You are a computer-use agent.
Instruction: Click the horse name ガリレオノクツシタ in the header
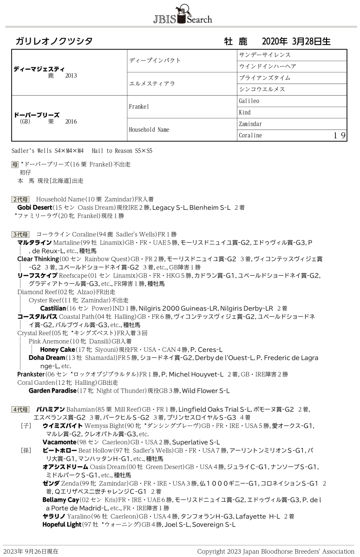click(x=54, y=41)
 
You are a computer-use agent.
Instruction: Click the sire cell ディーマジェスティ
click(x=39, y=68)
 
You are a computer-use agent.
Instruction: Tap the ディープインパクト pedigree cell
click(x=155, y=60)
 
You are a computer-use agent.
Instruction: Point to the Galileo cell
click(x=249, y=101)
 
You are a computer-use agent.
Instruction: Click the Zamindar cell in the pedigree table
click(x=250, y=124)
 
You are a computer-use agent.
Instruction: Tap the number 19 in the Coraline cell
click(x=339, y=136)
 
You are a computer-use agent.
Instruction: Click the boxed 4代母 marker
click(x=20, y=409)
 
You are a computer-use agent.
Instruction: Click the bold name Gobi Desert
click(x=34, y=207)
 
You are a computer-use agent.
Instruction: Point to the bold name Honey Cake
click(x=57, y=349)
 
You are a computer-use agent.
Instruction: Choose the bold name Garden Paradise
click(x=52, y=391)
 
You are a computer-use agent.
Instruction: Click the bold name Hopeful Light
click(x=62, y=525)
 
